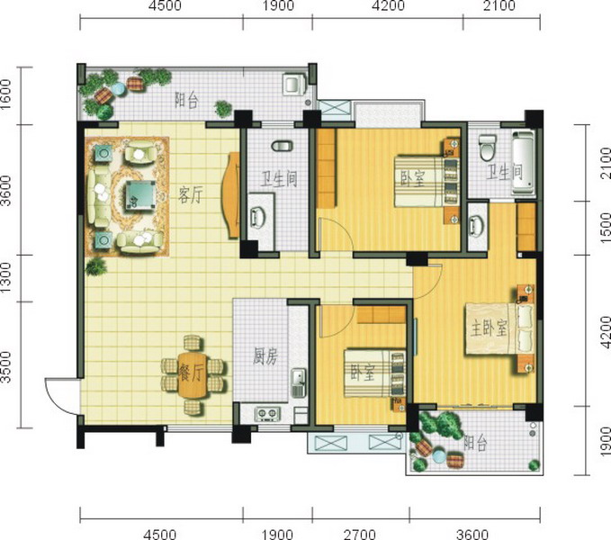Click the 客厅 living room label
click(190, 194)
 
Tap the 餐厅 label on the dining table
click(191, 373)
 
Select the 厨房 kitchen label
click(265, 356)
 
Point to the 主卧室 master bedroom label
click(489, 328)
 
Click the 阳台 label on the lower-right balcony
click(475, 443)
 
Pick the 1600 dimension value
click(6, 94)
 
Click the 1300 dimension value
click(6, 278)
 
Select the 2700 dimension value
click(360, 534)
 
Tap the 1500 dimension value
click(605, 228)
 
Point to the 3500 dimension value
click(6, 367)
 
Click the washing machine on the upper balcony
click(295, 85)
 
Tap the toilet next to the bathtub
click(487, 148)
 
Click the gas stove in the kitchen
click(267, 414)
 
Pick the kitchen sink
click(298, 383)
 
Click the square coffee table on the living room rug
click(140, 195)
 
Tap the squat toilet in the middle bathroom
click(283, 146)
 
